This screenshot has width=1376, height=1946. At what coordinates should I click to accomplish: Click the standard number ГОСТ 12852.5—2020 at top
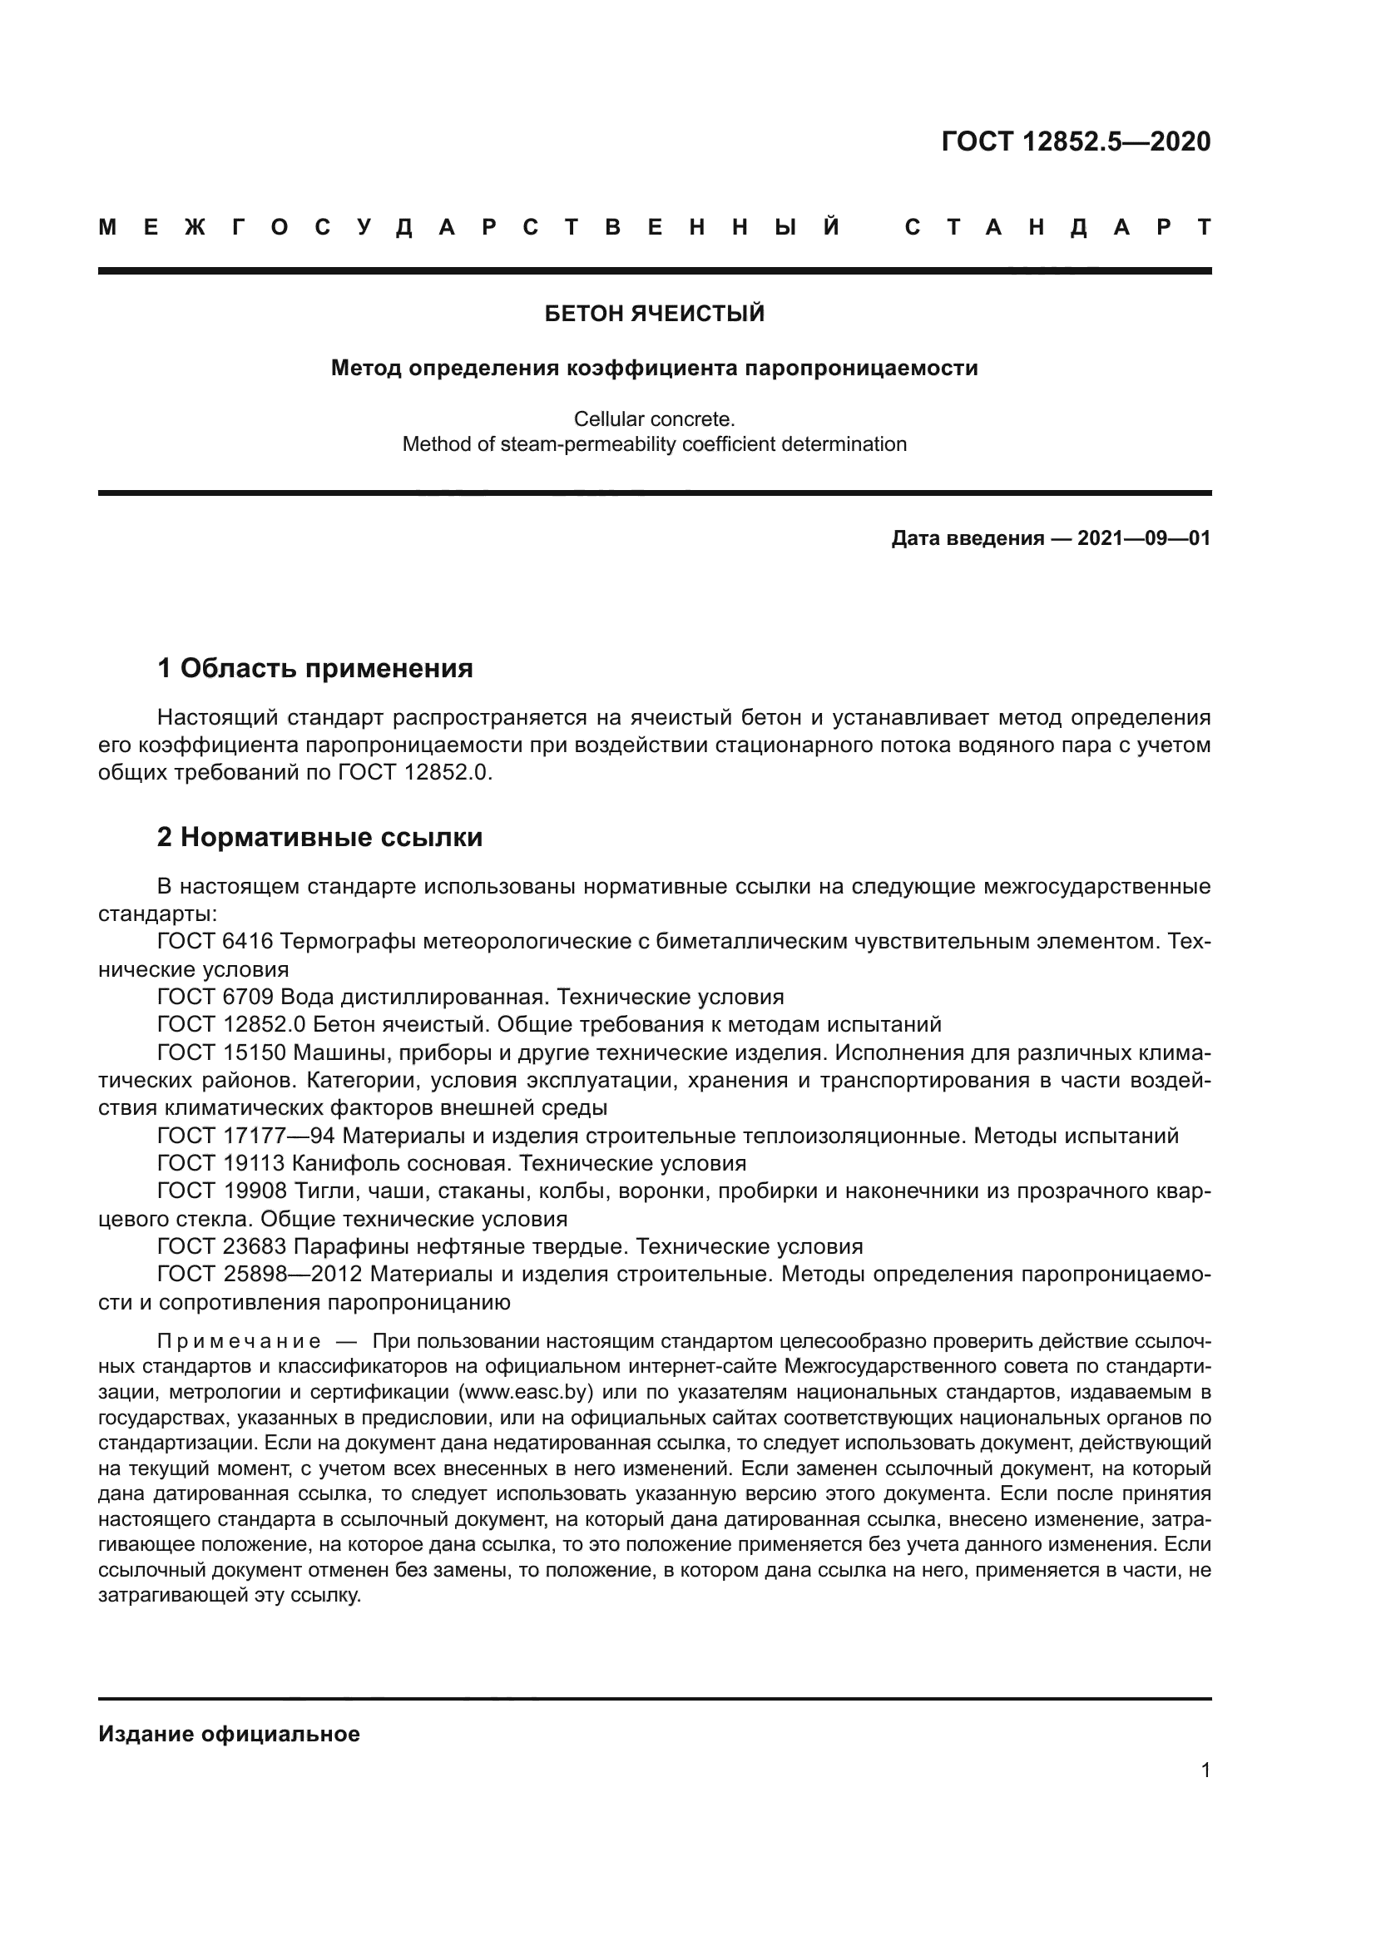coord(1075,141)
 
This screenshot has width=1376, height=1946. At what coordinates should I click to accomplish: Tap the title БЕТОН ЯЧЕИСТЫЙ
coord(654,314)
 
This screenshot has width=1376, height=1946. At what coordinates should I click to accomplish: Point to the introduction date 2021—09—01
coord(1144,538)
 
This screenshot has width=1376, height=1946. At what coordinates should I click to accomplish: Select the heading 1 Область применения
coord(315,669)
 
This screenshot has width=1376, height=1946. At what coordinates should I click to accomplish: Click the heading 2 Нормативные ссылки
coord(320,838)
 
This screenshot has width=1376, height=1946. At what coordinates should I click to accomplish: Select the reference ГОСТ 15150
coord(222,1052)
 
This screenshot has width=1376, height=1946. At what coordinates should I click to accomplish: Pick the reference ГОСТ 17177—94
coord(246,1136)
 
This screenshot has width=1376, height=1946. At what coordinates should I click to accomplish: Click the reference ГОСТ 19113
coord(222,1163)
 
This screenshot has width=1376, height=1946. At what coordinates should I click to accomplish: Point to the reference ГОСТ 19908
coord(222,1191)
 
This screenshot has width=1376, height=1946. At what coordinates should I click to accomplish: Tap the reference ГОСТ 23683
coord(222,1247)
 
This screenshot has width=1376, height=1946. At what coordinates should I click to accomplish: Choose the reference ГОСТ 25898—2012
coord(260,1275)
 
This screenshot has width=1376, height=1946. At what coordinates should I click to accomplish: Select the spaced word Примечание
coord(239,1342)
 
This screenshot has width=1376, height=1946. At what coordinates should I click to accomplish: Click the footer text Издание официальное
coord(229,1734)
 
